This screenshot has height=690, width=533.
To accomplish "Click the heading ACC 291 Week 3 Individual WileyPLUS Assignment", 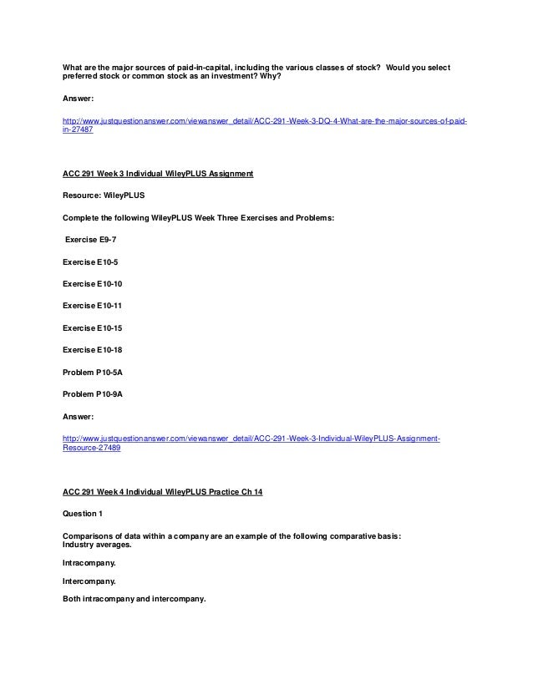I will (158, 174).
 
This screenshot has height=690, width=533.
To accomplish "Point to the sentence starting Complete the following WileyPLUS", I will (178, 217).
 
